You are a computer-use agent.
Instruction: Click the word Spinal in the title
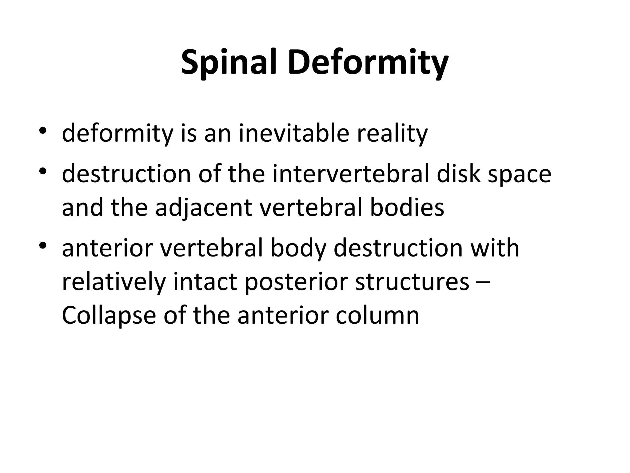(x=232, y=63)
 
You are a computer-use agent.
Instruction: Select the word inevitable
(x=294, y=133)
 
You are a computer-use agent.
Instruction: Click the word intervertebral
(x=350, y=174)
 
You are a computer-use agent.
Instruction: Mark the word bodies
(x=407, y=207)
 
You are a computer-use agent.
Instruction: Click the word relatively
(x=114, y=281)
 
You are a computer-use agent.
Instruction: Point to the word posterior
(x=296, y=282)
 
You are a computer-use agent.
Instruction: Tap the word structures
(x=412, y=281)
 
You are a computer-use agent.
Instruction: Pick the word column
(x=377, y=315)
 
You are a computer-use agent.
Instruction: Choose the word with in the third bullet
(x=495, y=248)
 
